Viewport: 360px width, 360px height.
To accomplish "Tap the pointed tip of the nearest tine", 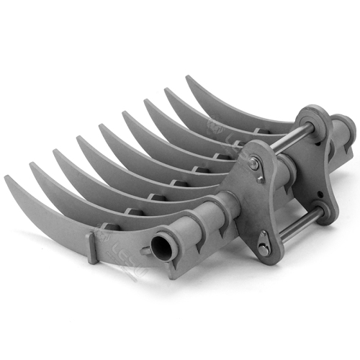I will click(7, 178).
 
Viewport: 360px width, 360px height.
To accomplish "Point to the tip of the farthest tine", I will click(189, 78).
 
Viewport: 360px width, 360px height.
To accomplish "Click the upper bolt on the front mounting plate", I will click(254, 165).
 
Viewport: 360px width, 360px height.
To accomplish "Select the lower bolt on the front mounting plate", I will click(264, 249).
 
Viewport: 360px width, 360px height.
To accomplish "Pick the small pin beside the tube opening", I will click(147, 250).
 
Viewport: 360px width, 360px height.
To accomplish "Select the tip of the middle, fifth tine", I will click(101, 127).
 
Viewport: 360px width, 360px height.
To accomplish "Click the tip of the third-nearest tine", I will click(55, 152).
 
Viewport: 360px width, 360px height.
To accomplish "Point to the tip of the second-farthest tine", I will click(167, 91).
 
